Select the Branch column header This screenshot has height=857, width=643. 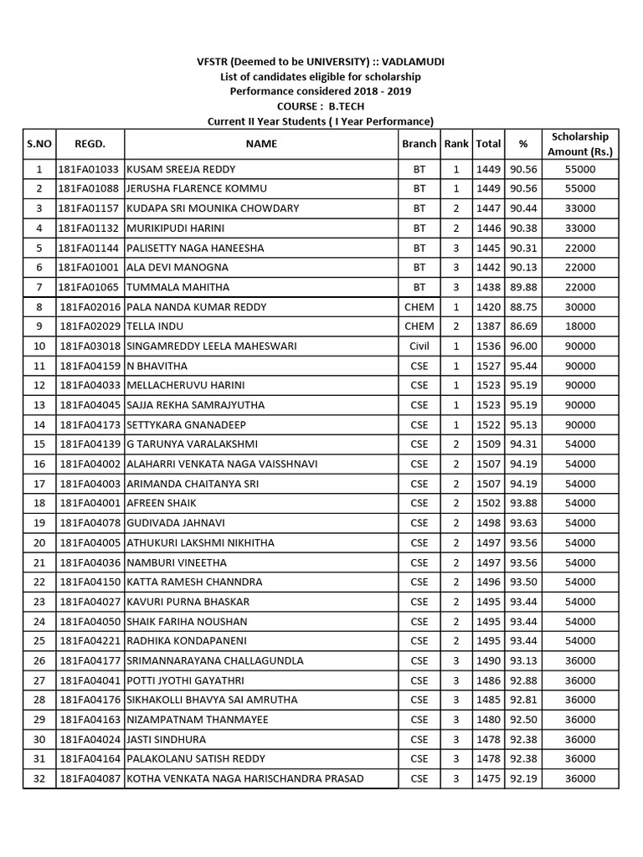[x=419, y=144]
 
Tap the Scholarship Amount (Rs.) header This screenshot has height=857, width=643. [x=580, y=144]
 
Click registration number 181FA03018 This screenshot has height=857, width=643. [x=90, y=346]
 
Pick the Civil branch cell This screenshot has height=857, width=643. [x=419, y=346]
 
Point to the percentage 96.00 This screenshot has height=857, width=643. [x=523, y=346]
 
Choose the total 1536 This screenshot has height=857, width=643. [x=488, y=346]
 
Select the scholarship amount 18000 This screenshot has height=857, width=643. [x=580, y=326]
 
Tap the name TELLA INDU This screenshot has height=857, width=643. [x=155, y=326]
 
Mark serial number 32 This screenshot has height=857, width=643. [x=39, y=778]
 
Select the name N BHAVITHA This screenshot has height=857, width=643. [x=157, y=366]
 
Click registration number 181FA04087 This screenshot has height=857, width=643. [x=90, y=778]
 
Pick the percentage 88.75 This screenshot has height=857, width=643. [x=523, y=306]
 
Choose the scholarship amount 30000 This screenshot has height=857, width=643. [x=580, y=306]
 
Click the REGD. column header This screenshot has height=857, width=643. [x=90, y=144]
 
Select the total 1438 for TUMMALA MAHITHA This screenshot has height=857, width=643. [x=488, y=287]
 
